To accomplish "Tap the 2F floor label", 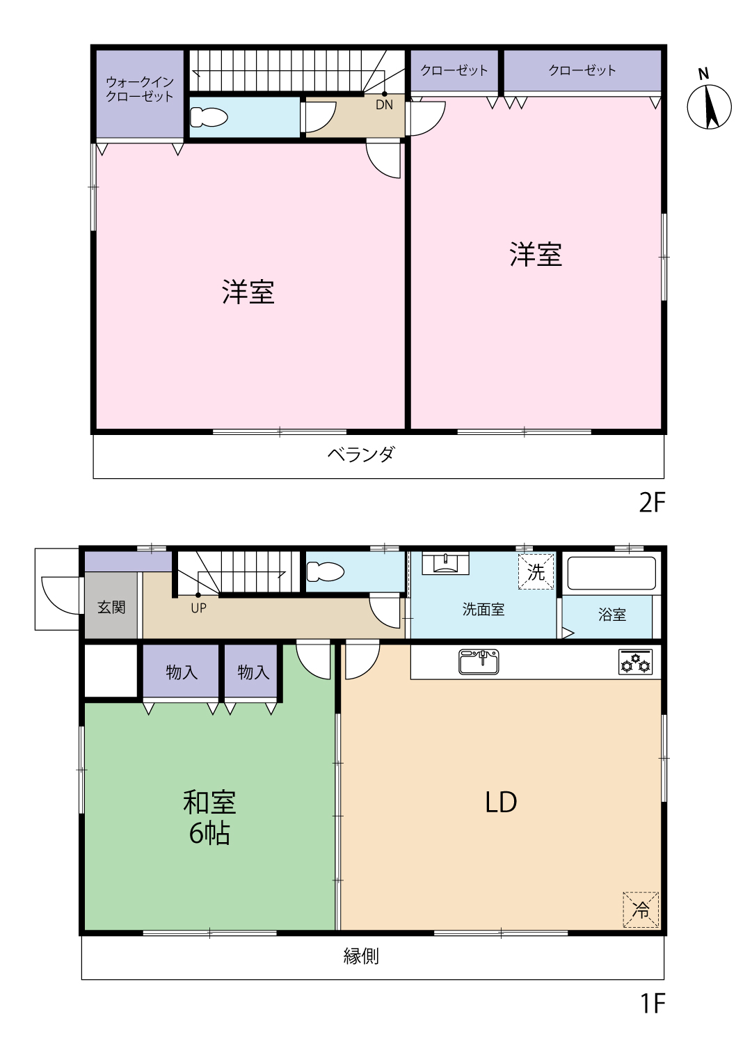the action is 652,503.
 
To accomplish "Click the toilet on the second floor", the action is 209,117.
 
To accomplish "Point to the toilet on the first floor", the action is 325,571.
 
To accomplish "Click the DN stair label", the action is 384,105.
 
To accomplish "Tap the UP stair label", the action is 198,608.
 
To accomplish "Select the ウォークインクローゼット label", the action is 140,89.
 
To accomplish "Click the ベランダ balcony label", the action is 361,454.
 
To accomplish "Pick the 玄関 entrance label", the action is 111,607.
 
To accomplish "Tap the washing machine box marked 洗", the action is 536,572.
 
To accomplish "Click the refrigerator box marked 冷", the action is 641,909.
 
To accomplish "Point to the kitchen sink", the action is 479,662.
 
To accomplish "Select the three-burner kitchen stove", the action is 636,662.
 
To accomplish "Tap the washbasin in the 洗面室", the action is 445,564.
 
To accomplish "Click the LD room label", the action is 501,802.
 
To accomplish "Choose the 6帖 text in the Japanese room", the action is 209,834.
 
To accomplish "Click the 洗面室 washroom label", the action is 483,609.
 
